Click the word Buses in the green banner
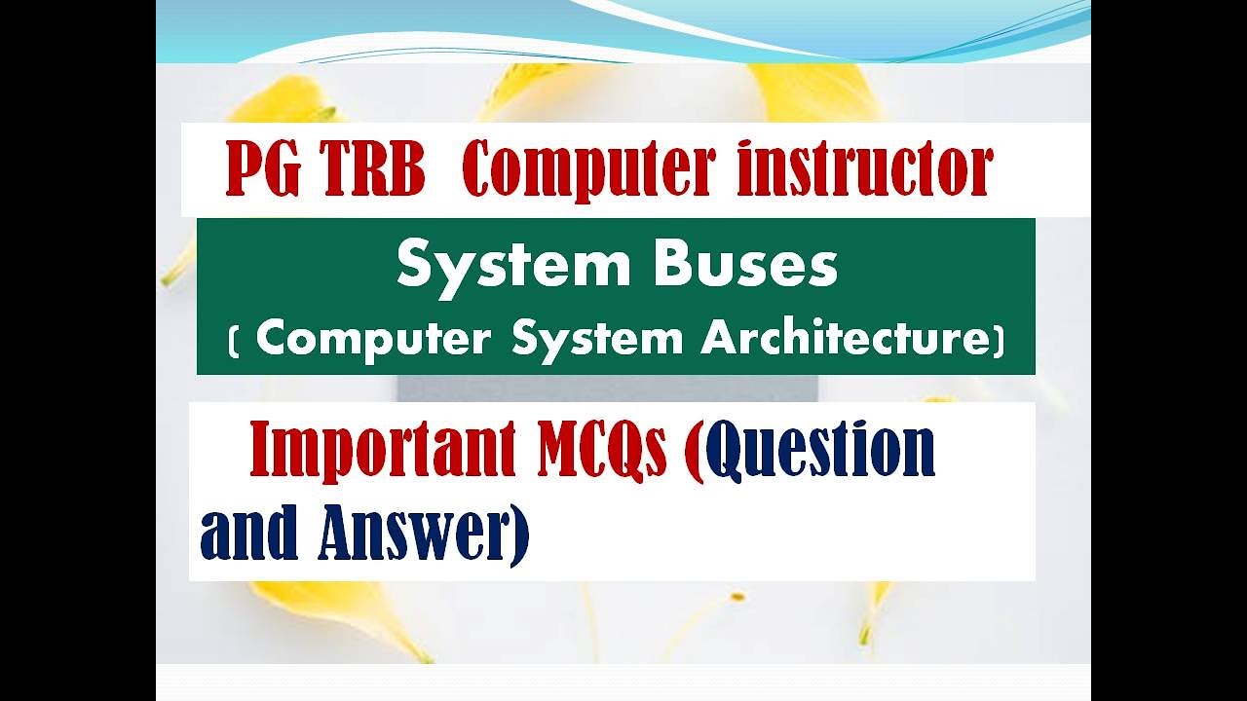pos(746,264)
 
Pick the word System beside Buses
pos(511,264)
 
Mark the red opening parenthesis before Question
pos(694,452)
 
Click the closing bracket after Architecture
pos(998,340)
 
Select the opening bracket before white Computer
pos(234,340)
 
